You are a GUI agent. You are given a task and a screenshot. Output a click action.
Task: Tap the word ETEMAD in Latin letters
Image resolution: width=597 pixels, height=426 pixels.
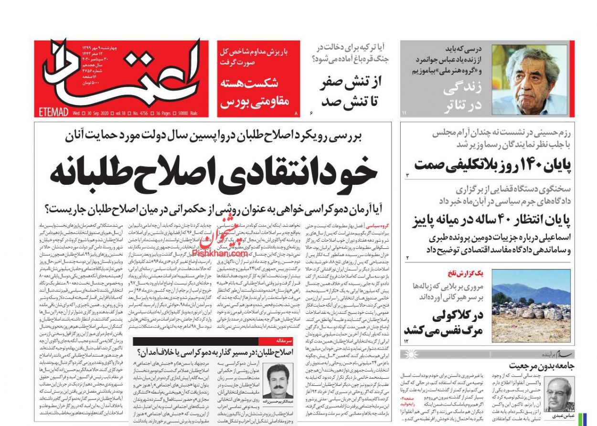[53, 113]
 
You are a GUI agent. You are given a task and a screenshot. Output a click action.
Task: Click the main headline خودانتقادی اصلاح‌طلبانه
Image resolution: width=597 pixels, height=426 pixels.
[213, 173]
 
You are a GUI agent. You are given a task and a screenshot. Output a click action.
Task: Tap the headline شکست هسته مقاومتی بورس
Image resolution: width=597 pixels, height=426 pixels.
[254, 92]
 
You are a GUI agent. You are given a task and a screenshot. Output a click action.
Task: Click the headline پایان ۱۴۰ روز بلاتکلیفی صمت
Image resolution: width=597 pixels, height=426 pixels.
[492, 165]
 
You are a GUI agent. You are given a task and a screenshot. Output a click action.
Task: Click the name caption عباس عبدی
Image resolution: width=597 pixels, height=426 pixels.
[562, 415]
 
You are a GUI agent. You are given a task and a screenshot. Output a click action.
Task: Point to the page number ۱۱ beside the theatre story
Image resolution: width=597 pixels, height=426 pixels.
[404, 113]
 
